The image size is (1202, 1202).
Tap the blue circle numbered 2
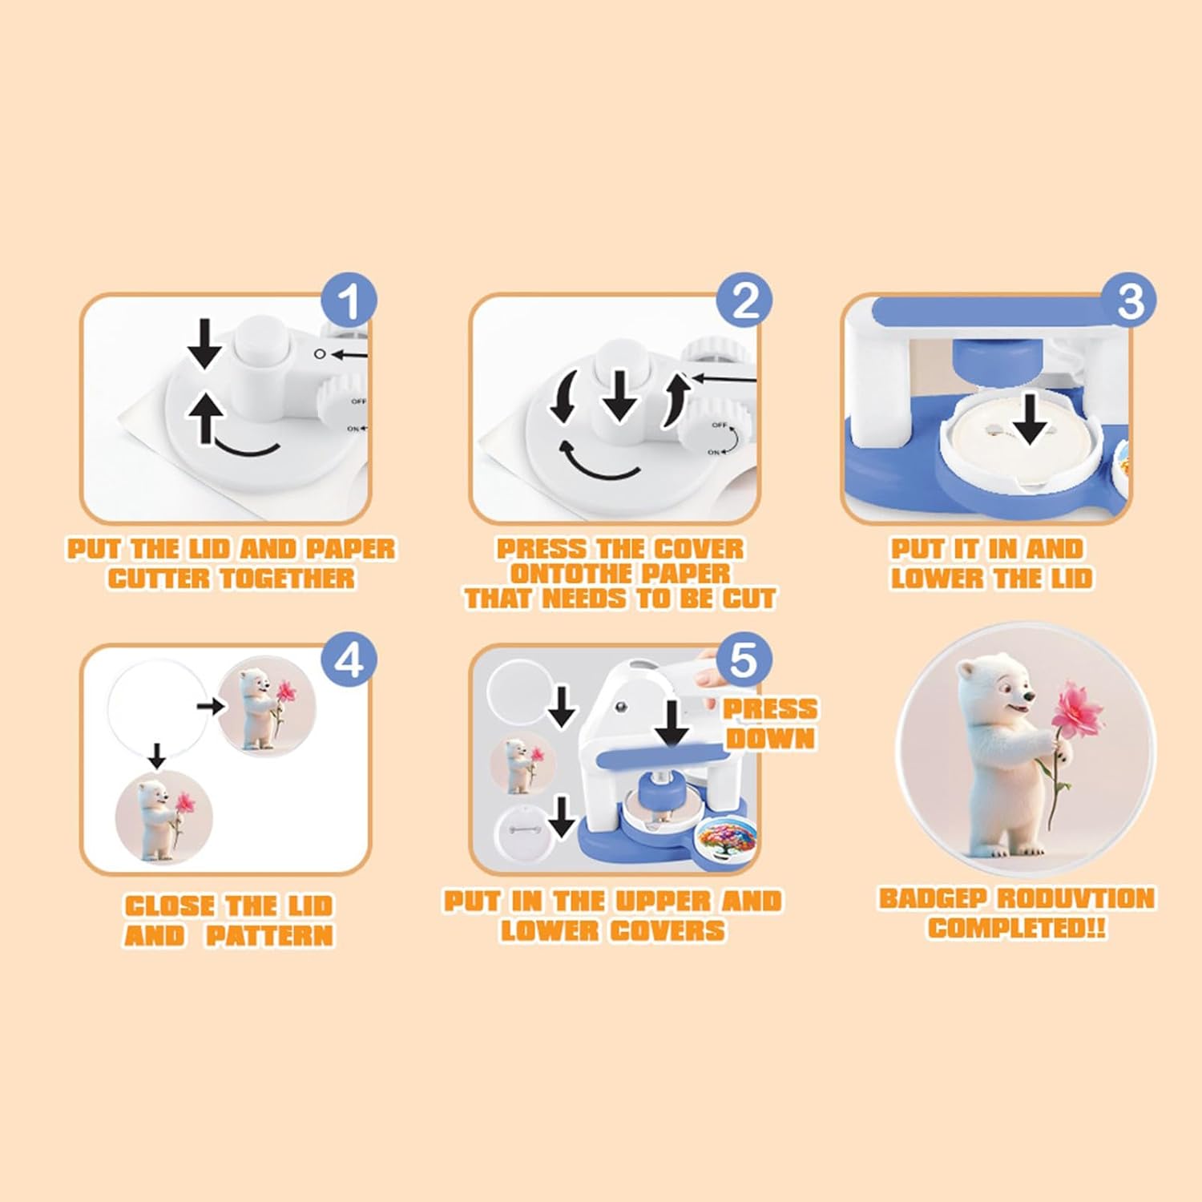[x=745, y=302]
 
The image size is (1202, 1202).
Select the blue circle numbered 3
[x=1131, y=302]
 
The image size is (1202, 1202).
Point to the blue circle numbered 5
[x=744, y=661]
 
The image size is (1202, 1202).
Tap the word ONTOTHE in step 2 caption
[x=570, y=574]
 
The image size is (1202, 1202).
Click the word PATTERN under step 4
[x=269, y=936]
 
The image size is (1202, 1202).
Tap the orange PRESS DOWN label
[x=770, y=723]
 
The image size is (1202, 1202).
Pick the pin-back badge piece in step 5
[x=521, y=829]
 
